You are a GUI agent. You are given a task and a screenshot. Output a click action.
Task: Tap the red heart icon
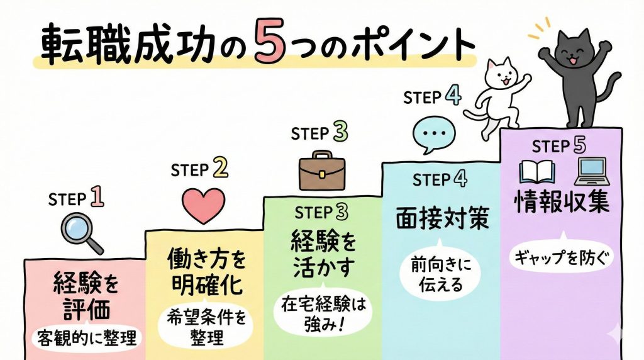(x=203, y=205)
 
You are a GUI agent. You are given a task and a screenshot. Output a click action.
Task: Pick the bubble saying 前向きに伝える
(x=440, y=276)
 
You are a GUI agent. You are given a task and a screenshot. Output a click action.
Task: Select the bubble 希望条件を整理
(x=205, y=327)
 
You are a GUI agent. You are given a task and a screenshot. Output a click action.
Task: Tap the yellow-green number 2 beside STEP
(x=219, y=169)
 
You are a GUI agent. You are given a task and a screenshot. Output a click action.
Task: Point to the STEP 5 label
(x=559, y=146)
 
